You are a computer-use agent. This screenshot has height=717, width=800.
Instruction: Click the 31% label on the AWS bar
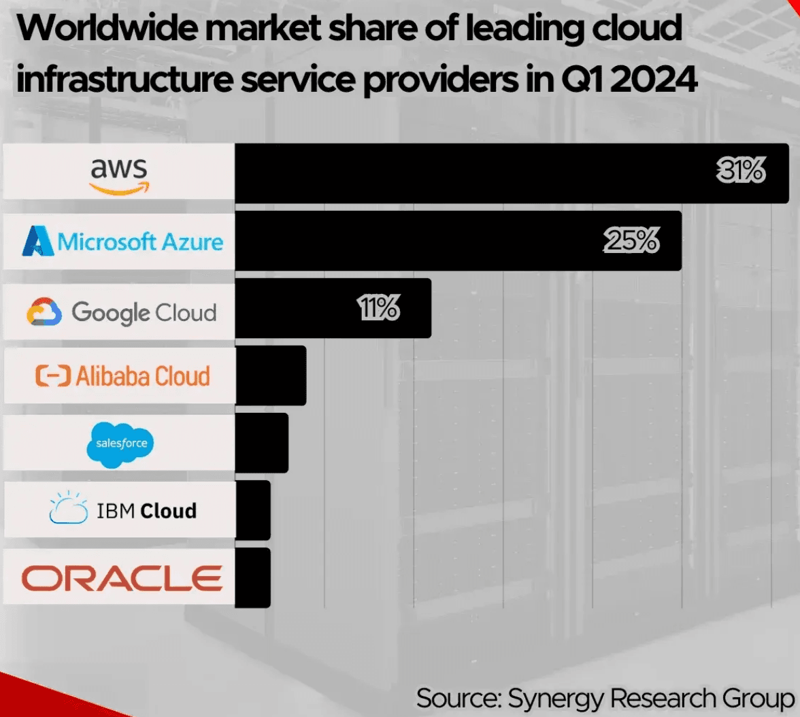741,172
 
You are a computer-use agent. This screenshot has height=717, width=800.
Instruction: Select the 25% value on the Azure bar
631,241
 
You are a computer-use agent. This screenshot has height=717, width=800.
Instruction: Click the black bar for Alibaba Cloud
271,376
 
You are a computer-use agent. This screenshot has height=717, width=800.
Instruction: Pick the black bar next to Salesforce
262,442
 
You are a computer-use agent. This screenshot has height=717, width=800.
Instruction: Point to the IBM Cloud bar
253,510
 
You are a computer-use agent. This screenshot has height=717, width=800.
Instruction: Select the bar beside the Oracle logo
253,578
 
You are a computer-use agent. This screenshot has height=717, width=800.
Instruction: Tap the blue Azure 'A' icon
38,241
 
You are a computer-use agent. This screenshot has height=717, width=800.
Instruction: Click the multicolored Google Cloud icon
44,313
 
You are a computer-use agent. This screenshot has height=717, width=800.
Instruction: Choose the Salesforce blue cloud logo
121,444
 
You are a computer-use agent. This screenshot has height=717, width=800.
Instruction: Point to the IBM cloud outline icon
69,509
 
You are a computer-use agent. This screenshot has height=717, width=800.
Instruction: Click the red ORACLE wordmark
122,578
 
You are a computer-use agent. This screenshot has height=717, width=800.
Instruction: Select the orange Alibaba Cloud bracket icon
52,376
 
